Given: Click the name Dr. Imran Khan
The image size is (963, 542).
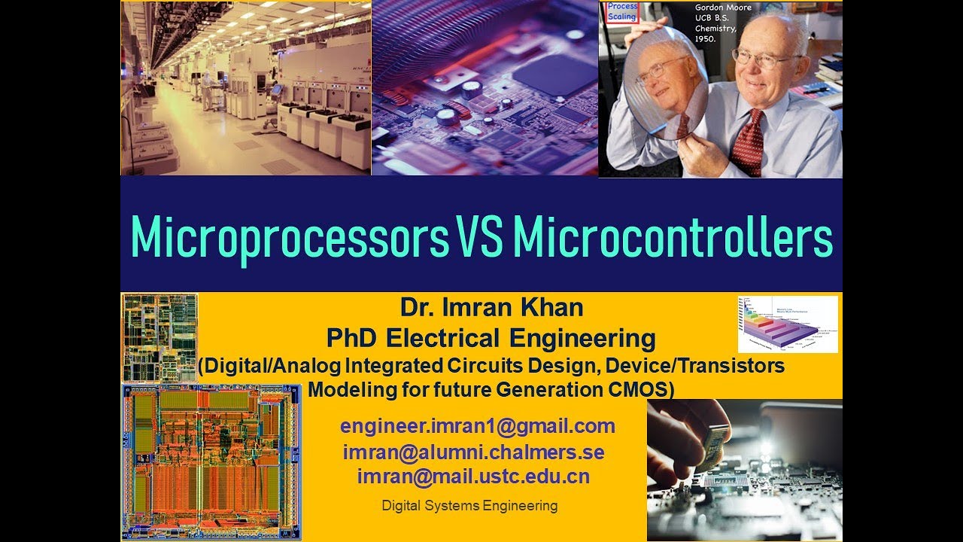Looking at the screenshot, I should point(491,307).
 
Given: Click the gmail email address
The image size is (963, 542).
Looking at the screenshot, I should point(478,426).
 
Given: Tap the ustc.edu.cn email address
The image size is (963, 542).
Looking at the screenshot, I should point(473,477).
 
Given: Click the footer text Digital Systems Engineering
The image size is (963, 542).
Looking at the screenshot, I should point(469,506).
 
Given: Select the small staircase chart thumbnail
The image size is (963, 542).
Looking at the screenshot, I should point(788,324).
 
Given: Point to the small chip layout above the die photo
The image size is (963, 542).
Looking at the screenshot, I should point(159,336).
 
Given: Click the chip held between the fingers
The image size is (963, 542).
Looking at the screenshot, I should point(716,444).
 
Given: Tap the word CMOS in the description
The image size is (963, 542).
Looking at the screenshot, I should point(643,390).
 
